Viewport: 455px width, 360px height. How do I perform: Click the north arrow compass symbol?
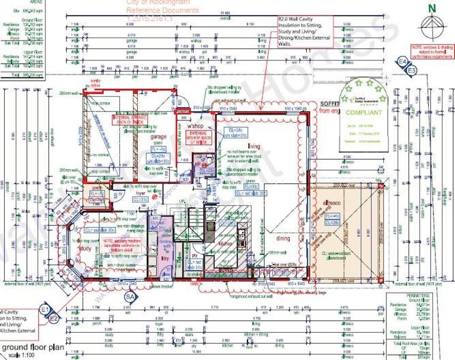(x=433, y=24)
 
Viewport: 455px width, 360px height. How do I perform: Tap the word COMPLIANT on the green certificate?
(x=363, y=113)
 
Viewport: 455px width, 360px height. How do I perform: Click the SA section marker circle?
(x=129, y=295)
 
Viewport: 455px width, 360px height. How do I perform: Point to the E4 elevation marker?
(x=403, y=63)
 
